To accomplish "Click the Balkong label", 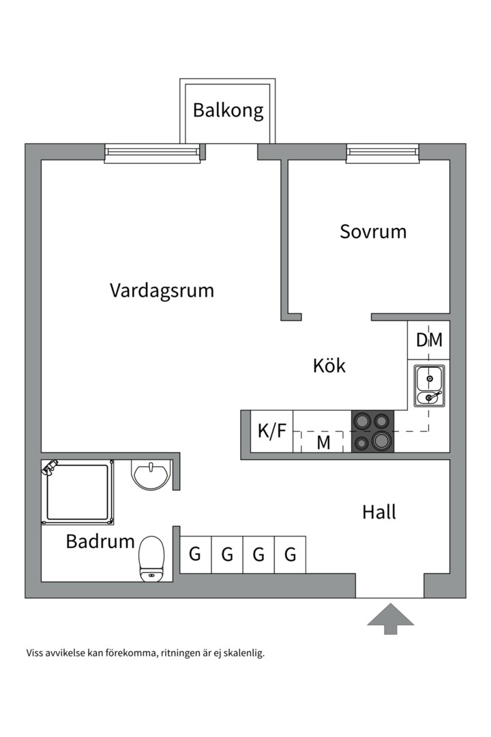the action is pos(228,111).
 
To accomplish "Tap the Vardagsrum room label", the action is pos(162,291).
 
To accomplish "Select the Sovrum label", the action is pos(373,231).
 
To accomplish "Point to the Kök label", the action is pos(329,366).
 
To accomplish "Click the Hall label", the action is pos(379,512).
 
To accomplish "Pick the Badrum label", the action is pos(100,542).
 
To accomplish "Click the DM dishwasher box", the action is pos(429,340).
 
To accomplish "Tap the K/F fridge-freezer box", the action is pos(271,431).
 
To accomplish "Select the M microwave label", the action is pos(323,442).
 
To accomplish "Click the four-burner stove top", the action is pos(372,431).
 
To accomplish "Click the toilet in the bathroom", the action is pos(151,558).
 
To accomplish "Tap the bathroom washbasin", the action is pos(149,475).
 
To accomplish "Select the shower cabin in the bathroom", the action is pos(77,492).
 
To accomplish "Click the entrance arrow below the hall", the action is pos(391,618).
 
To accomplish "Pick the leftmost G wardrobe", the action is pos(195,554).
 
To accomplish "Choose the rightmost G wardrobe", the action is pos(291,554).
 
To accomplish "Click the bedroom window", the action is pos(382,153).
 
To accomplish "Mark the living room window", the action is pos(153,153).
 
